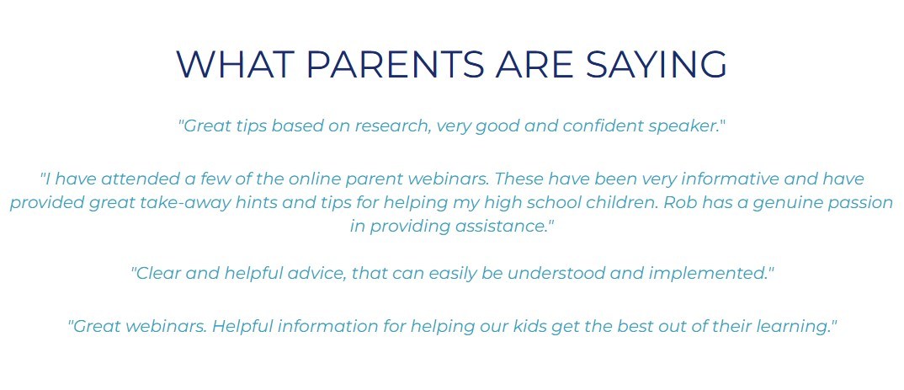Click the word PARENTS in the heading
tap(395, 64)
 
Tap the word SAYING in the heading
tap(656, 64)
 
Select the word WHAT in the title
tap(232, 64)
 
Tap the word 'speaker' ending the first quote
tap(683, 126)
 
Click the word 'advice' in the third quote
tap(323, 273)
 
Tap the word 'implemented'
tap(707, 274)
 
